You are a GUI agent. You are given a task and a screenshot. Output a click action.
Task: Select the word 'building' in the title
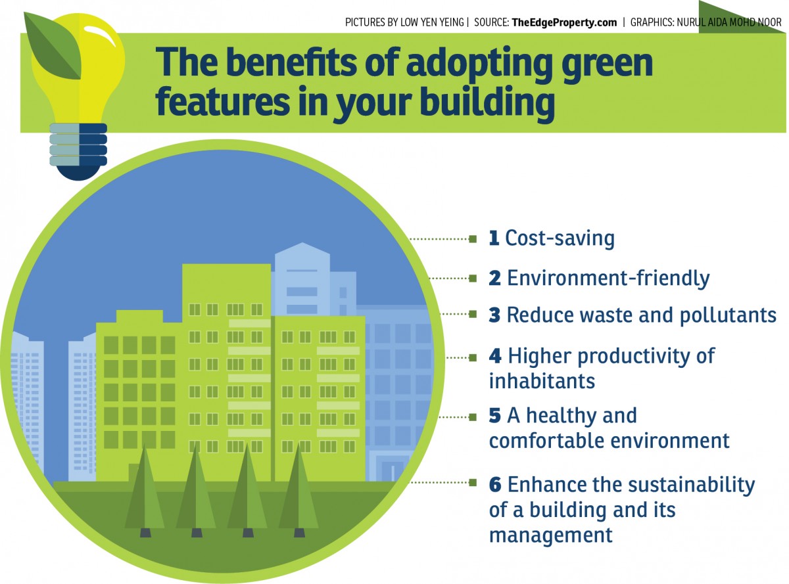(x=487, y=103)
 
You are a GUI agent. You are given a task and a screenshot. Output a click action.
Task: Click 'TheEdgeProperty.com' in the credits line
(x=564, y=22)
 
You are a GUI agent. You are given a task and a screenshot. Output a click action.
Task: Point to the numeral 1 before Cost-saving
(x=494, y=238)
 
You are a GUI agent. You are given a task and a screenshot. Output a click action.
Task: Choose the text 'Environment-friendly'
(x=608, y=278)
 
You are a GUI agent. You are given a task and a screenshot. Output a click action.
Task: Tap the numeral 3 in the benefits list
(x=494, y=315)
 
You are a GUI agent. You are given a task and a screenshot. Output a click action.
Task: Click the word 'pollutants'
(x=728, y=315)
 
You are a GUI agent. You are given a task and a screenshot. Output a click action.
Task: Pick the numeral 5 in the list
(x=495, y=416)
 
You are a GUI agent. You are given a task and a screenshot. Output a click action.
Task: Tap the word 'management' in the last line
(x=551, y=535)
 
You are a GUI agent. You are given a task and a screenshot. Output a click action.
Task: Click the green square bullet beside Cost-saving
(x=473, y=239)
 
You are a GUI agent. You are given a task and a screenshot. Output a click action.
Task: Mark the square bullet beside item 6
(x=473, y=482)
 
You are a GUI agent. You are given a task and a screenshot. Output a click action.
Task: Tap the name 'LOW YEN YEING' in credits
(x=432, y=22)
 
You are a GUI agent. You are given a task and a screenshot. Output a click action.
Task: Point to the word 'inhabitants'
(x=542, y=382)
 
